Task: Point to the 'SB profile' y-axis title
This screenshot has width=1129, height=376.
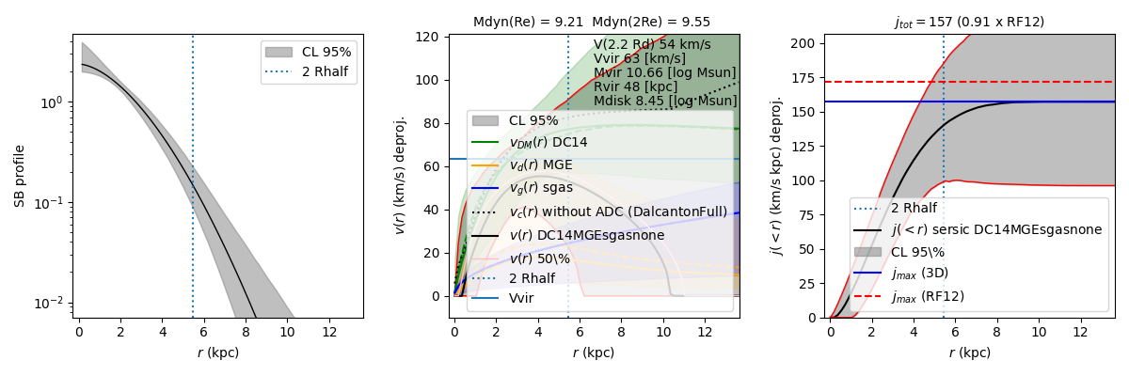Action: [x=19, y=176]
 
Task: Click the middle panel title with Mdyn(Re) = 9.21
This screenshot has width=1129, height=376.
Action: [x=592, y=22]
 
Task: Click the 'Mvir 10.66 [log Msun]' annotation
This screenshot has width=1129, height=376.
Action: [x=664, y=72]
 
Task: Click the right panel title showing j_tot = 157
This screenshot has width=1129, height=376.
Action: [x=969, y=22]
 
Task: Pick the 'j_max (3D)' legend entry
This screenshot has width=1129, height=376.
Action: [x=922, y=274]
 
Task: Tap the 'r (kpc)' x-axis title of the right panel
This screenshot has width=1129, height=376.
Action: [x=969, y=353]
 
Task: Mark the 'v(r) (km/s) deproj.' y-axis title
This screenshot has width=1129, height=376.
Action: [x=400, y=176]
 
